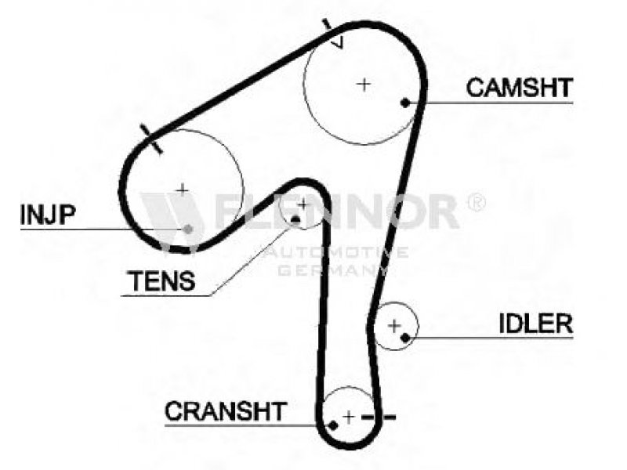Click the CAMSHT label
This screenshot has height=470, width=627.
(x=519, y=88)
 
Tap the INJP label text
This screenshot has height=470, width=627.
(x=48, y=214)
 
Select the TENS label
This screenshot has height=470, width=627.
(x=161, y=280)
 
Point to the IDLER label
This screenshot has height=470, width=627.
(x=536, y=324)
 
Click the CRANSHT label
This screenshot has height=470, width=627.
(x=226, y=410)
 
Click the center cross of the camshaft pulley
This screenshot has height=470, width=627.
(x=364, y=84)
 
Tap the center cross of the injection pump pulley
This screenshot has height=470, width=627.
(x=183, y=190)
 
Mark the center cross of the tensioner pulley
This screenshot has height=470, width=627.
(x=303, y=204)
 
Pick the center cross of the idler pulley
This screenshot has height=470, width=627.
(x=394, y=326)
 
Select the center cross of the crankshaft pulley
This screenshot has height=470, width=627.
(x=349, y=418)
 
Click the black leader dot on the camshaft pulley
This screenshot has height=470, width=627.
(x=405, y=103)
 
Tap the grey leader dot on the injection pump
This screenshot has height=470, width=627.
(x=188, y=229)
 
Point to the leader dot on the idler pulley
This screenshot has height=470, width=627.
(x=405, y=338)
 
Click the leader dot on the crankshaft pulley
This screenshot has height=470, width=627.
(x=332, y=425)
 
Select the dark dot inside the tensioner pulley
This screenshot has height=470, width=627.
(x=295, y=219)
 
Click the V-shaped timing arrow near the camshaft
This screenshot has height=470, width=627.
(x=337, y=42)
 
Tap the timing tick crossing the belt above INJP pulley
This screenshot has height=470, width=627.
(x=151, y=139)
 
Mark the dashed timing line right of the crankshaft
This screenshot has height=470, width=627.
(x=379, y=418)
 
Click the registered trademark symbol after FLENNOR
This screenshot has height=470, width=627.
(x=477, y=202)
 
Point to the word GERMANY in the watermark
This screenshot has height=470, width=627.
(x=332, y=270)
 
